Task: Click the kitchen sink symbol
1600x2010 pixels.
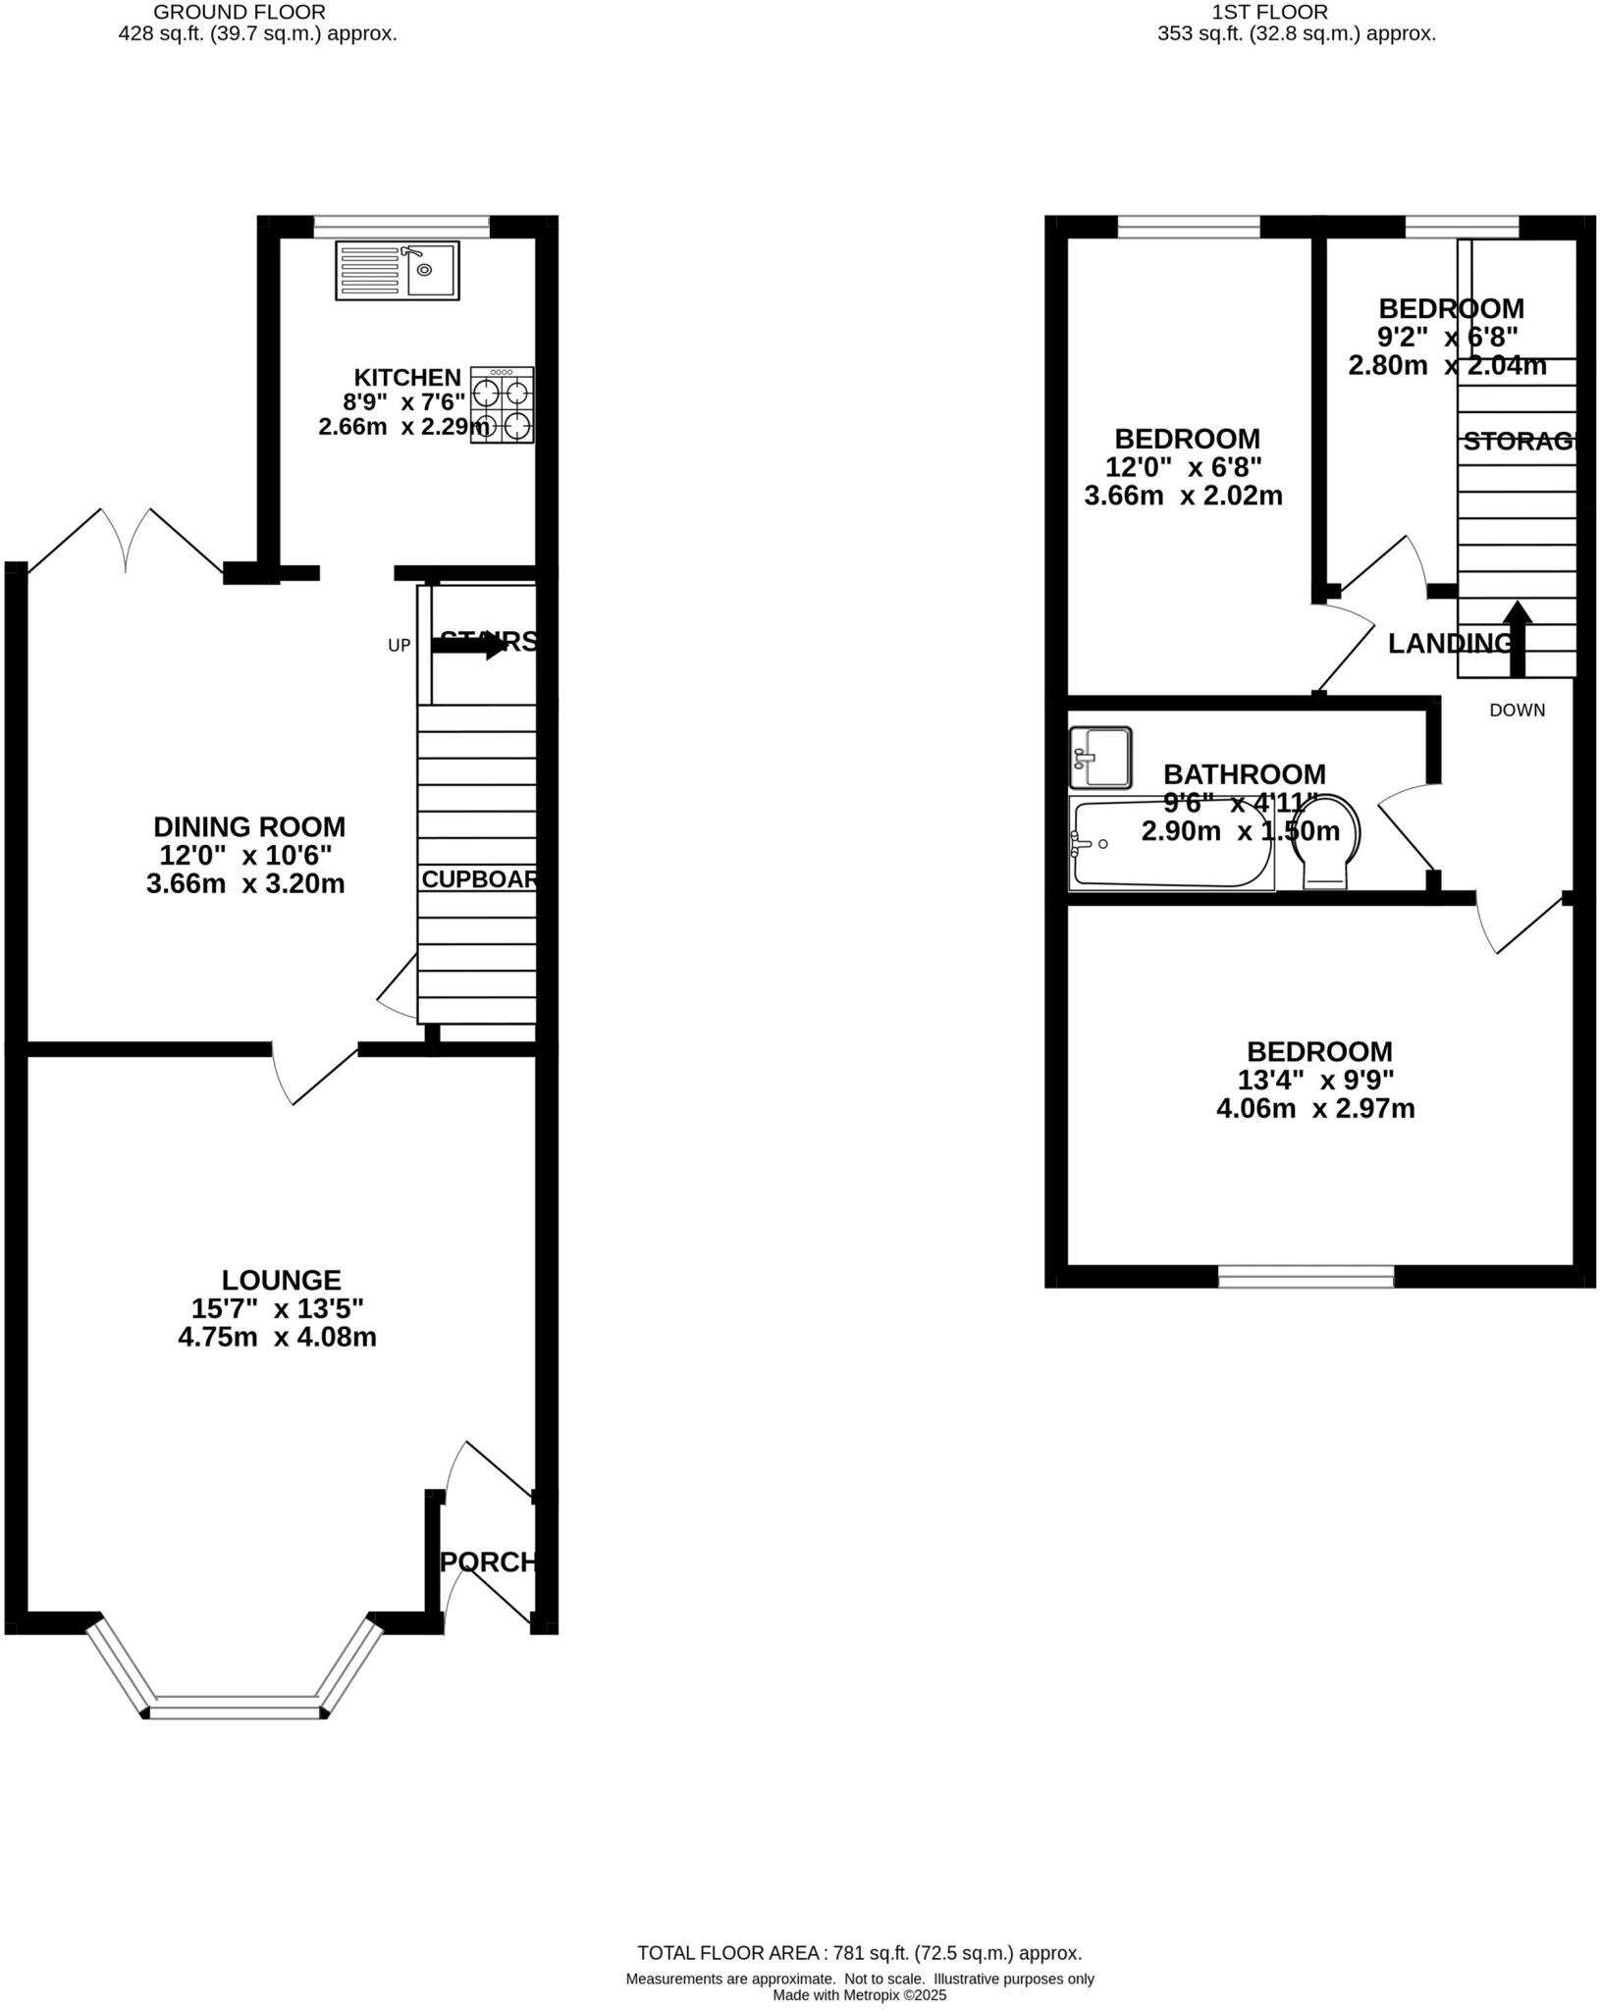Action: pyautogui.click(x=397, y=270)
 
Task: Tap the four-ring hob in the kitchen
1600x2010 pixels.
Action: pyautogui.click(x=502, y=405)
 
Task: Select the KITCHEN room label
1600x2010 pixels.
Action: pyautogui.click(x=406, y=377)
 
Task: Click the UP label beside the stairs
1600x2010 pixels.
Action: pyautogui.click(x=399, y=646)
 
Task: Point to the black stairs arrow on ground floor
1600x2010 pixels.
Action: pyautogui.click(x=469, y=646)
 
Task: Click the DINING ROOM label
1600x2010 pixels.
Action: pyautogui.click(x=249, y=826)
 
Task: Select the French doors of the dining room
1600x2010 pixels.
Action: pyautogui.click(x=126, y=540)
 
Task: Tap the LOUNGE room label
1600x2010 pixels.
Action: pyautogui.click(x=281, y=1280)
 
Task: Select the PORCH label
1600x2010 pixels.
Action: pyautogui.click(x=489, y=1561)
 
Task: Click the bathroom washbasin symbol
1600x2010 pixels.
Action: pyautogui.click(x=1100, y=758)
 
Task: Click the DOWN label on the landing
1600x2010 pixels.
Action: pyautogui.click(x=1517, y=711)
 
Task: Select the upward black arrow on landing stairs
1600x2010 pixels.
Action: pyautogui.click(x=1517, y=638)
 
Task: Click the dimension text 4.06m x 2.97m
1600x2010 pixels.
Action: pyautogui.click(x=1315, y=1109)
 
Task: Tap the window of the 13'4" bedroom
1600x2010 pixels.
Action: pyautogui.click(x=1306, y=1276)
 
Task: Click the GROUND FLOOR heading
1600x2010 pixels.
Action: pyautogui.click(x=240, y=13)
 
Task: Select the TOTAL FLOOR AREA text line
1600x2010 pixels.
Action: pyautogui.click(x=859, y=1953)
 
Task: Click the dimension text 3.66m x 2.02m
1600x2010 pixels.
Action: pyautogui.click(x=1183, y=496)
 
